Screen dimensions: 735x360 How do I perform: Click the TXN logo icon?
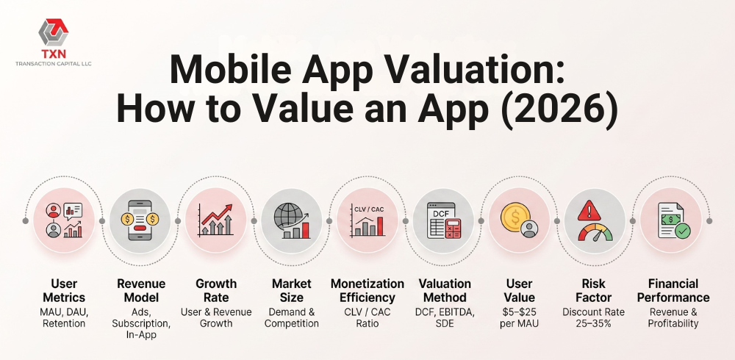[53, 32]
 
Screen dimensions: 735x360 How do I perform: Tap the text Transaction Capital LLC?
[53, 64]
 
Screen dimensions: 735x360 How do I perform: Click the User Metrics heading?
[64, 291]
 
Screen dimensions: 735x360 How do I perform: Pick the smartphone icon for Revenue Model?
[140, 220]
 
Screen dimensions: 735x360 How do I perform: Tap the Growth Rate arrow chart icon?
[215, 220]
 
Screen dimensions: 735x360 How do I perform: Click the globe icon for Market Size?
[292, 220]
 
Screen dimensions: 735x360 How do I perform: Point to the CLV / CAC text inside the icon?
[369, 209]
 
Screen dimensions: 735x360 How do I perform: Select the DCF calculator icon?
[443, 220]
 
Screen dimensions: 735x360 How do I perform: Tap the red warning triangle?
[589, 210]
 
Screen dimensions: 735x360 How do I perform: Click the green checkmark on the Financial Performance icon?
[683, 230]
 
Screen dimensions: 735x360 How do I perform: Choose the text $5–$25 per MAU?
[520, 317]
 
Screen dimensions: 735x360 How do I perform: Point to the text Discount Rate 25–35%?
[593, 317]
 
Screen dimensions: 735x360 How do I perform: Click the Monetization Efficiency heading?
[367, 291]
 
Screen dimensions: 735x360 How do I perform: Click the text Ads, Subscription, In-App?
[141, 323]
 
